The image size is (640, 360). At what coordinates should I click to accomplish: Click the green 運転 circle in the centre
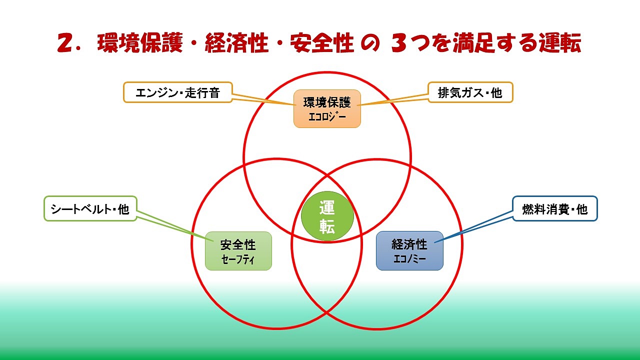pos(327,216)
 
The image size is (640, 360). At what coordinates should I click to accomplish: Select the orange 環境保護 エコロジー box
pos(327,108)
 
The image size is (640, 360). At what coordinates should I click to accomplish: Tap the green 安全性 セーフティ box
pos(238,250)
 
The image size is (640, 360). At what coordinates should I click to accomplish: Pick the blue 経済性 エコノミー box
pos(409,250)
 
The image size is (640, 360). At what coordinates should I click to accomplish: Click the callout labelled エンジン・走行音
pos(177,92)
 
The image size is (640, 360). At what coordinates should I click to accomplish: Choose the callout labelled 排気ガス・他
pos(470,92)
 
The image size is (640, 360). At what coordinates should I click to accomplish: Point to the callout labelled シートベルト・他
pos(90,208)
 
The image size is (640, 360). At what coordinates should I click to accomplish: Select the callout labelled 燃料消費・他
pos(554,208)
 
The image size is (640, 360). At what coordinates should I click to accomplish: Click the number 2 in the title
pos(66,44)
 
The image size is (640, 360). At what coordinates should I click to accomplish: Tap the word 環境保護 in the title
pos(144,44)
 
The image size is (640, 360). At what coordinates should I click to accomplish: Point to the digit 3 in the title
pos(399,44)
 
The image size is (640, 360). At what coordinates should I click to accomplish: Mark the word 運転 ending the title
pos(559,44)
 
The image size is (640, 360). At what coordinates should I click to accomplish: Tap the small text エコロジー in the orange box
pos(327,117)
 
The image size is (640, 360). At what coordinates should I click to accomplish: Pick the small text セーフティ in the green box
pos(238,259)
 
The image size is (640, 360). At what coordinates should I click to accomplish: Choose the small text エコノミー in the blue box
pos(409,259)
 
